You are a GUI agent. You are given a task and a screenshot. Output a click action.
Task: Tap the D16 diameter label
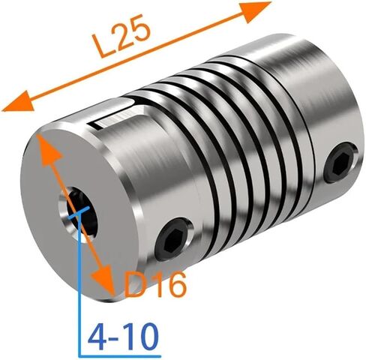[155, 284]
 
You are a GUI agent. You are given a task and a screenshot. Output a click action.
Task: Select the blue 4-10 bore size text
[124, 337]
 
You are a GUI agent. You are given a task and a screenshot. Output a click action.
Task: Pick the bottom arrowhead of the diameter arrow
[103, 280]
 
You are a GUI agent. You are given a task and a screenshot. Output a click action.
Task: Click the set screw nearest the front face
[174, 238]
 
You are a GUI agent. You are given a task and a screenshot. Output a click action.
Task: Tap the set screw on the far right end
[341, 163]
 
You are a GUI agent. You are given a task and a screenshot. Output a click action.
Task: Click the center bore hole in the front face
[78, 214]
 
